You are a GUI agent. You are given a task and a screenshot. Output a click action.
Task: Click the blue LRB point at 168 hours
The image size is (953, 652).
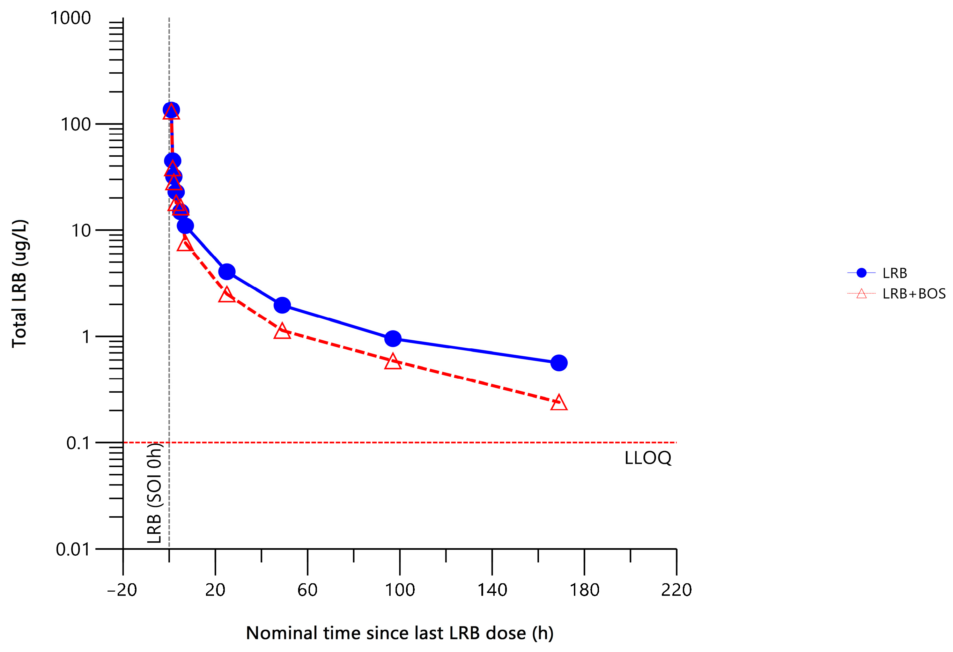[x=559, y=363]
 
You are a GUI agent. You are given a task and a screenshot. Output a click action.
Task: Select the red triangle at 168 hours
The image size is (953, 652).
[x=559, y=403]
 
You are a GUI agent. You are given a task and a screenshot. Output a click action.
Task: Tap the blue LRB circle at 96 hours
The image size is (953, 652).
[x=393, y=338]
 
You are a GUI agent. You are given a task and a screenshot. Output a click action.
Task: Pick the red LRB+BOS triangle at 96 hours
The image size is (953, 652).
[x=393, y=362]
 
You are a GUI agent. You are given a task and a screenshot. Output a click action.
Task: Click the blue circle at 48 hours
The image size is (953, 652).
[x=282, y=305]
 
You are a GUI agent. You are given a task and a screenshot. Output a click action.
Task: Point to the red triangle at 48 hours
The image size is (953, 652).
[x=282, y=331]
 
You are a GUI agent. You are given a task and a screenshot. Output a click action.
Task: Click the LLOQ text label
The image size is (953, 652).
[x=648, y=458]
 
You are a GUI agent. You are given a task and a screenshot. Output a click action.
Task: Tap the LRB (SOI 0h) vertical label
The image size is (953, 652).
[x=155, y=493]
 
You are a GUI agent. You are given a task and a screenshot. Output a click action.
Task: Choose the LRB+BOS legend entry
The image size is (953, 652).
[x=914, y=294]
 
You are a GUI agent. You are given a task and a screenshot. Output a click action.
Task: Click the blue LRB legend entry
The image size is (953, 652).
[x=894, y=273]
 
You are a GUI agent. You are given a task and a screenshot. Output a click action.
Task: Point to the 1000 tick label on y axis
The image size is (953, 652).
[x=70, y=18]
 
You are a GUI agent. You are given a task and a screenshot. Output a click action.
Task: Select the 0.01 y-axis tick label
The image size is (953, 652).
[x=73, y=549]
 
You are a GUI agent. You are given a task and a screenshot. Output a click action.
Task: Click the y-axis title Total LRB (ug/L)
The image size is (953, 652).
[x=19, y=284]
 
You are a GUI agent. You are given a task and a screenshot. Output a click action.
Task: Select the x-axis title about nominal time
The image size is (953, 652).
[x=399, y=633]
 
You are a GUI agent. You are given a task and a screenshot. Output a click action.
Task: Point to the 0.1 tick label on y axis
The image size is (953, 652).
[x=77, y=443]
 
